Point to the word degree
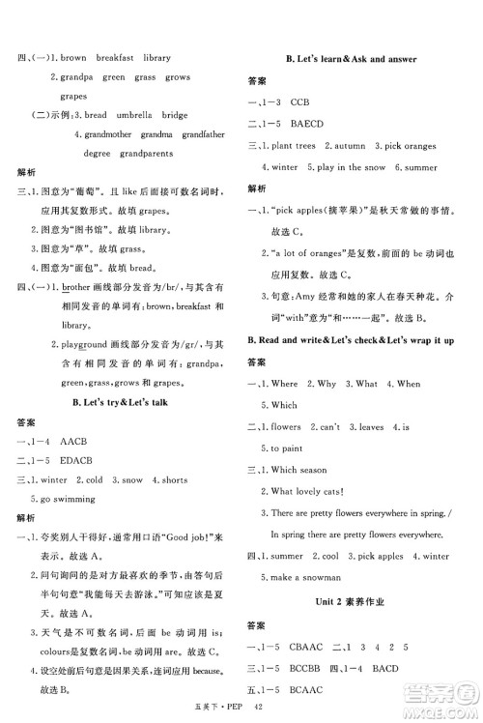click(x=97, y=153)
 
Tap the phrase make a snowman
click(x=297, y=577)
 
